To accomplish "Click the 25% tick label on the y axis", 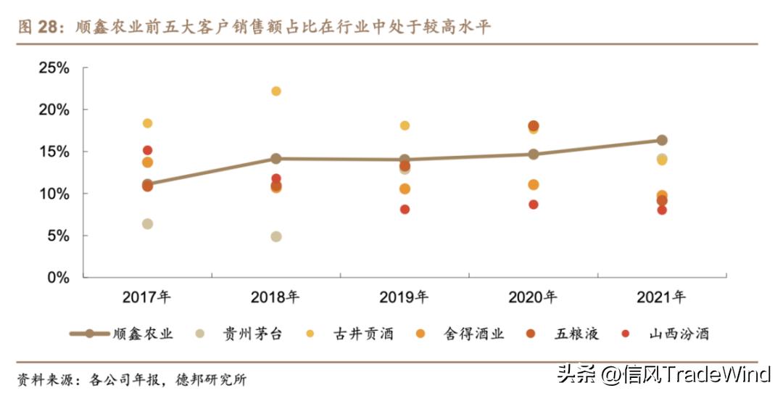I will (x=53, y=68).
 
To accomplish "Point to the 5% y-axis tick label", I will (x=57, y=236).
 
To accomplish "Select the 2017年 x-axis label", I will (x=146, y=297).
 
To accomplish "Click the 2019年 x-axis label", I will (x=404, y=297).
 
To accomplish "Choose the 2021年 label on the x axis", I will (x=660, y=297).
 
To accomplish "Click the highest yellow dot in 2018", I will (x=275, y=91).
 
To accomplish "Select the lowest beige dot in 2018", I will (x=275, y=236).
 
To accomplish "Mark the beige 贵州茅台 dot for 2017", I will (x=147, y=224).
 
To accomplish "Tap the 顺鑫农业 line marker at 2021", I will (x=662, y=140).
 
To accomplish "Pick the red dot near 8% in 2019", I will (x=405, y=210).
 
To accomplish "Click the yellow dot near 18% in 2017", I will (x=147, y=123).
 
